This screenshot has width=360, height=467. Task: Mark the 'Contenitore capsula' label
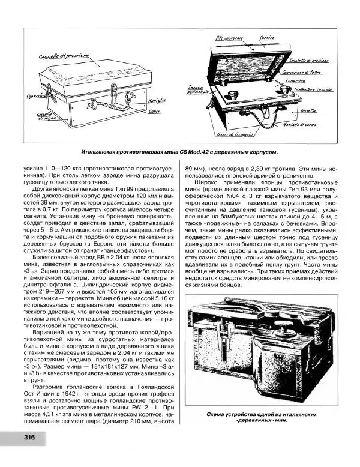316,91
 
